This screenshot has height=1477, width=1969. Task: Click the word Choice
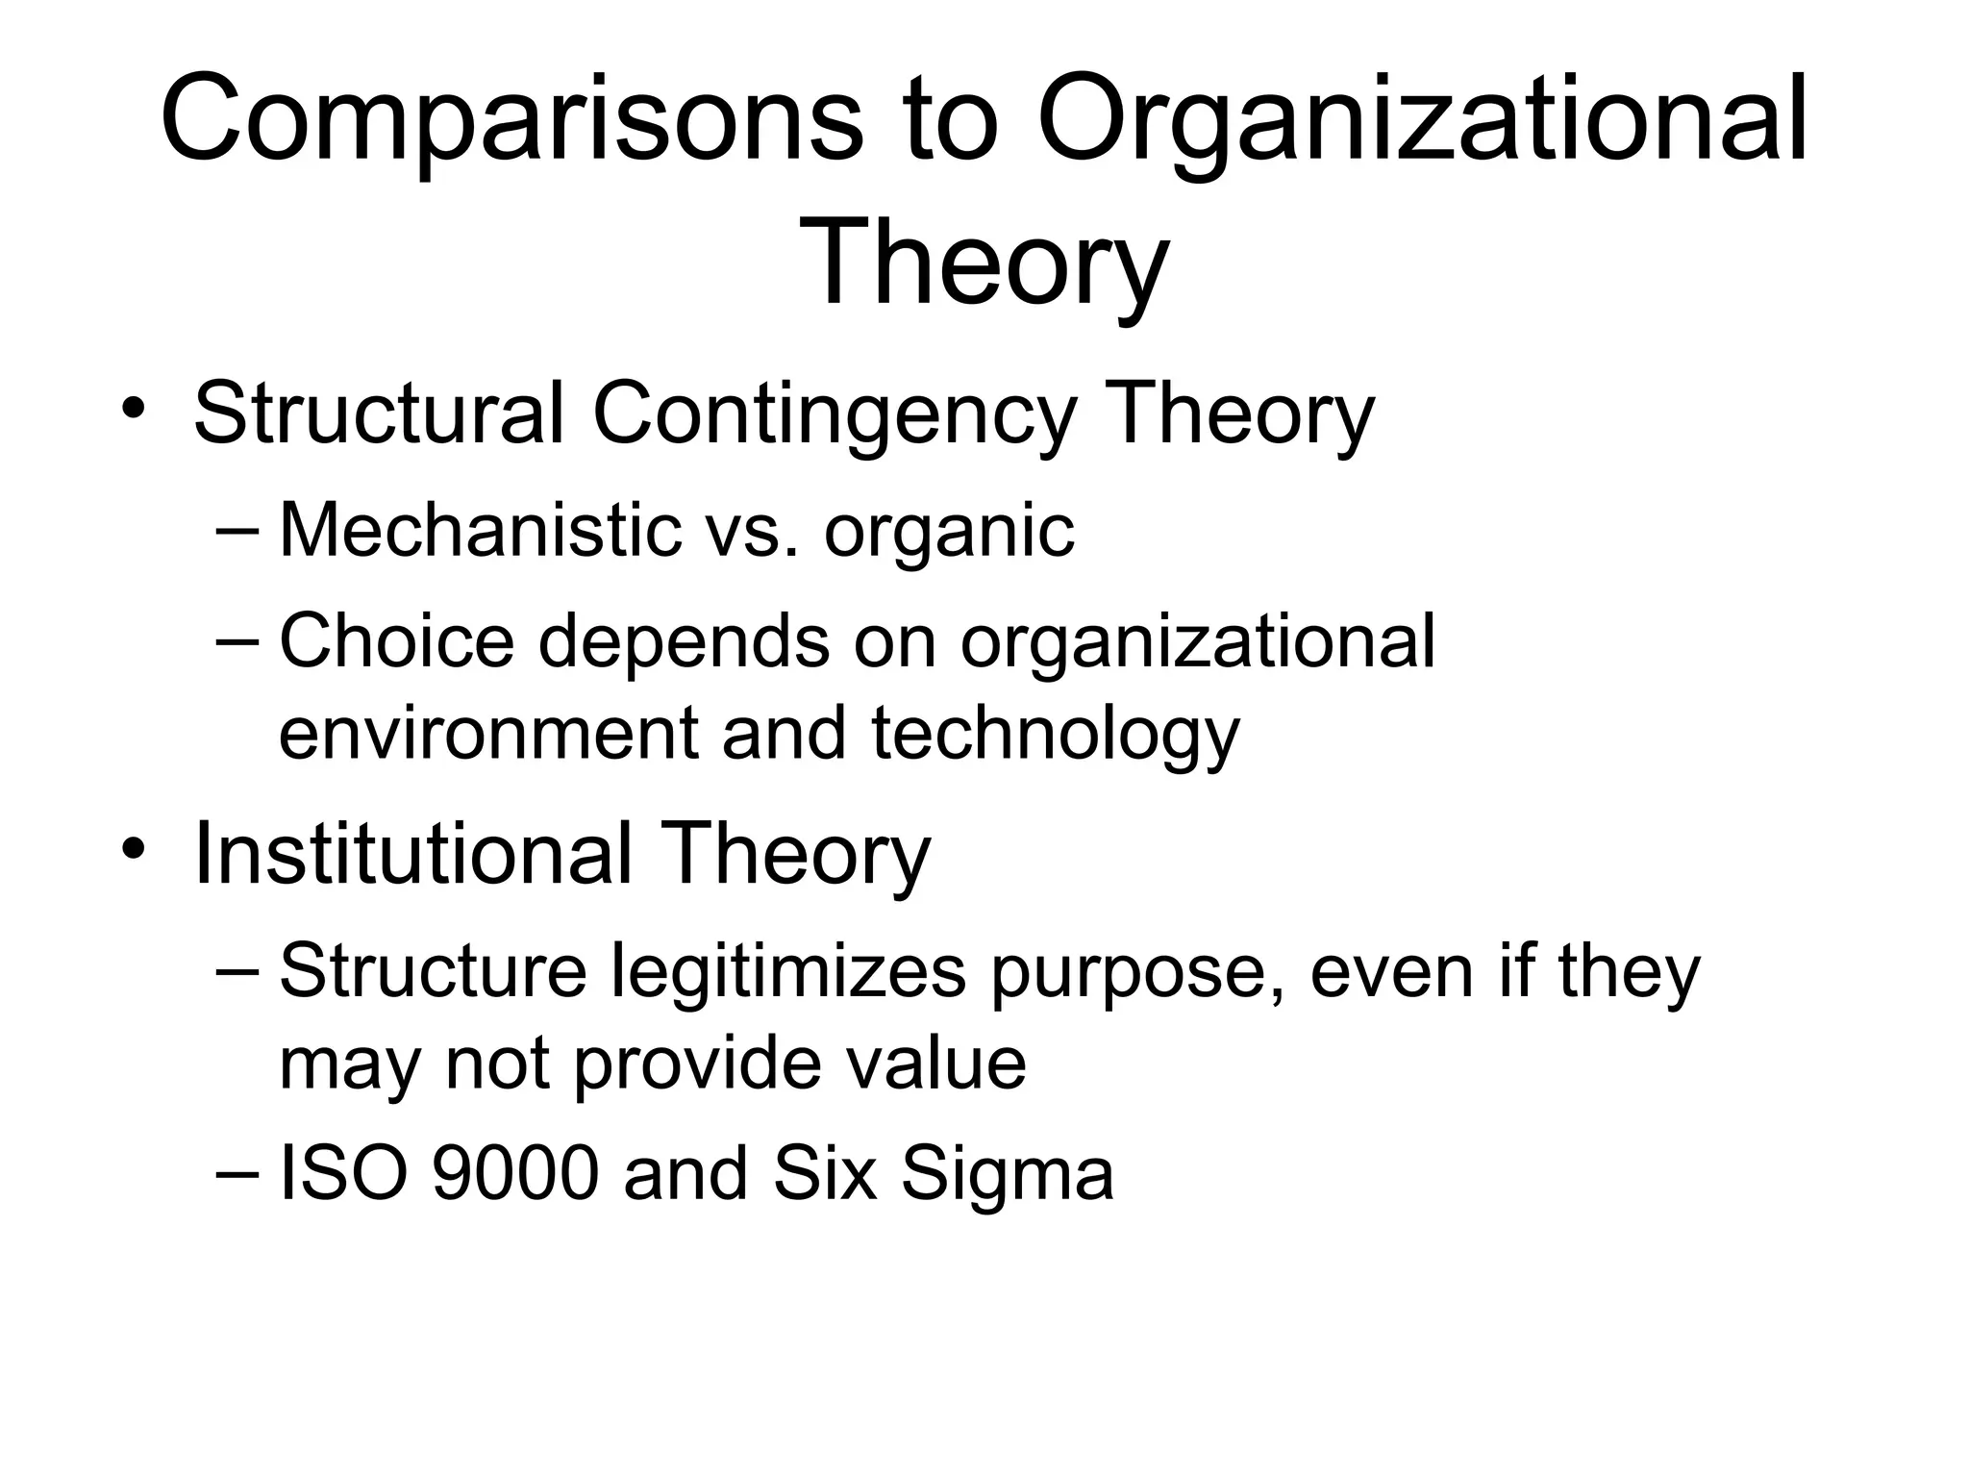[396, 641]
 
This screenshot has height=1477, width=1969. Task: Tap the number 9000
[515, 1174]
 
